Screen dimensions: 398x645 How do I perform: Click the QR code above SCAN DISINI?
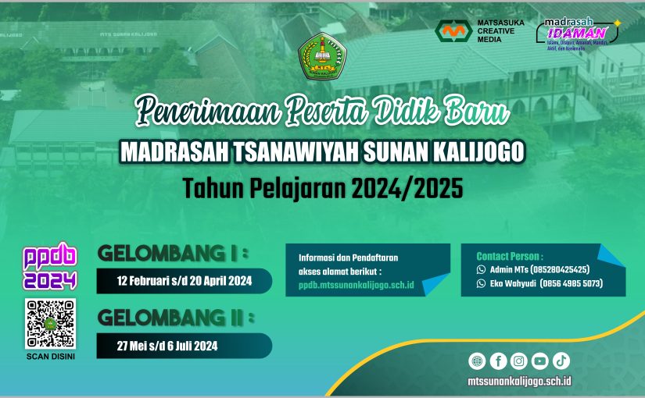click(51, 323)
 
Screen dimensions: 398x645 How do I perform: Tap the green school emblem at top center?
click(321, 57)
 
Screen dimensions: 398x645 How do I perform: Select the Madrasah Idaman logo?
click(577, 33)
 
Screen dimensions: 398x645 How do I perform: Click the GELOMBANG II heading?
click(176, 318)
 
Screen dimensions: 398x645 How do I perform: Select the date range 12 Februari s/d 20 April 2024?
click(185, 281)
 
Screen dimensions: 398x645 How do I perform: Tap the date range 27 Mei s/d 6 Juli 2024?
click(167, 346)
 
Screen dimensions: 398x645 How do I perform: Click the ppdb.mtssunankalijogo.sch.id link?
click(356, 286)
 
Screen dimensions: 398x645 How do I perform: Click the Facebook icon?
click(498, 361)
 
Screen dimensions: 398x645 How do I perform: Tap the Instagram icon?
click(519, 361)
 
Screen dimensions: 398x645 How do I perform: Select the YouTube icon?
click(540, 361)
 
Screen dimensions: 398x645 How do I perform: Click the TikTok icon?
click(561, 361)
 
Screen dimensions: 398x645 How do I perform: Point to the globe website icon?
click(477, 361)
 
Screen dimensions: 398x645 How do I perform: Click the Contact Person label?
click(510, 255)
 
